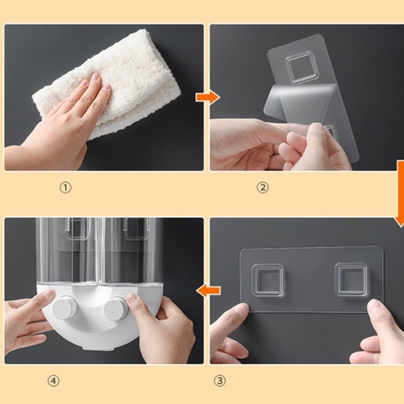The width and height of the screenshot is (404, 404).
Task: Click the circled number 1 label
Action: click(65, 187)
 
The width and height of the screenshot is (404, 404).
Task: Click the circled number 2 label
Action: click(262, 187)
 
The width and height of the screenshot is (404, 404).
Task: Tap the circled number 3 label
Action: click(219, 381)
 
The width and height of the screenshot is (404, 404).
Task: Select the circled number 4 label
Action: click(53, 381)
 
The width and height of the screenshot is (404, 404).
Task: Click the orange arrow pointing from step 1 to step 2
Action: click(208, 97)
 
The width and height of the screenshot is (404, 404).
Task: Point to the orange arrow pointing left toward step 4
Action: click(208, 290)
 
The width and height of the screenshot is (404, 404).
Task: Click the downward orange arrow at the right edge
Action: click(400, 194)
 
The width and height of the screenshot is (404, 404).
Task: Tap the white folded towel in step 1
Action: click(111, 82)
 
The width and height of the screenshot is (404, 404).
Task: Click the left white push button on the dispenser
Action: click(65, 309)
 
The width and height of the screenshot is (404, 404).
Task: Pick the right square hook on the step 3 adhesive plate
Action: click(351, 280)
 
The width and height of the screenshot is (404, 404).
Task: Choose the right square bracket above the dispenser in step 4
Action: click(136, 229)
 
